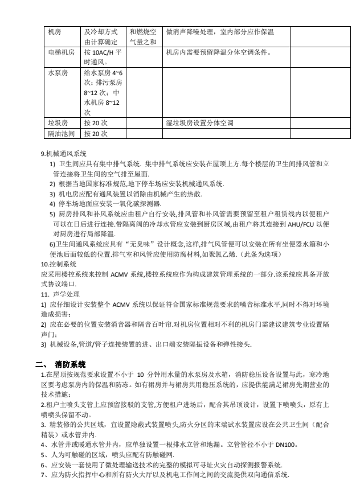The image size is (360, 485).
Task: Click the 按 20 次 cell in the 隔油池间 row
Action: pos(96,134)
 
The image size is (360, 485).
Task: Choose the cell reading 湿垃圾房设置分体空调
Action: pos(199,122)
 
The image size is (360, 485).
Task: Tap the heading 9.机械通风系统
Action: pos(64,154)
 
